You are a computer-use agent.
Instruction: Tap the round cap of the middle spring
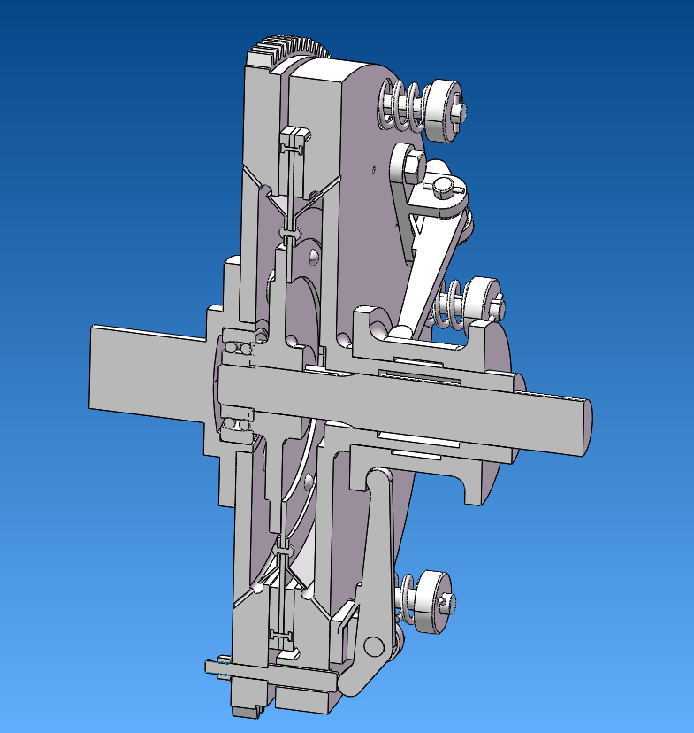coord(481,298)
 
